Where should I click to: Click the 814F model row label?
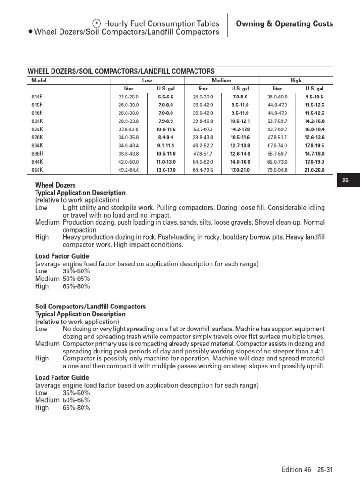point(36,97)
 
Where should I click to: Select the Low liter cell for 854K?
point(128,170)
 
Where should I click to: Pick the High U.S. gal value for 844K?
point(315,162)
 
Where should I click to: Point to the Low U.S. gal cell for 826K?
point(165,137)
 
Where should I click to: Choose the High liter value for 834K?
point(277,145)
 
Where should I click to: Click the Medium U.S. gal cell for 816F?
point(240,113)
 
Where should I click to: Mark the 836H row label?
point(37,153)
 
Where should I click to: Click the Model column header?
point(38,81)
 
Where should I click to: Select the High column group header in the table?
point(296,81)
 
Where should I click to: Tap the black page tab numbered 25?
point(346,180)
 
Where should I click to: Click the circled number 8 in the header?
point(97,23)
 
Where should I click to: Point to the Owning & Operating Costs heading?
point(284,24)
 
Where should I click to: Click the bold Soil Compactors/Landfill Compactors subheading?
point(90,307)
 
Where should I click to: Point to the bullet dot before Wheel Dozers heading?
point(30,32)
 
